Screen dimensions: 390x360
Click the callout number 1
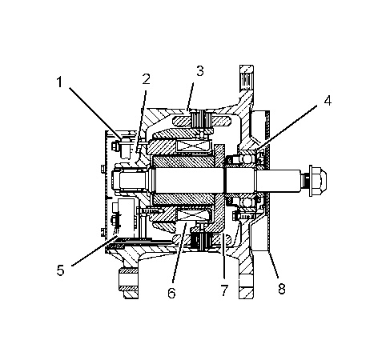[59, 82]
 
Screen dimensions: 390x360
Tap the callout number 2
[146, 79]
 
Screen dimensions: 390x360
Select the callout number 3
[200, 71]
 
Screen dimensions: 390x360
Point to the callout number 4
[328, 101]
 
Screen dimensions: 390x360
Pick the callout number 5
[61, 270]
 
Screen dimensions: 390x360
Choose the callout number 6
[171, 293]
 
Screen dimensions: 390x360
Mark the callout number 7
[224, 290]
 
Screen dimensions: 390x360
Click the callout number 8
[282, 288]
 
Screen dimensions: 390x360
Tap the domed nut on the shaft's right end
[318, 181]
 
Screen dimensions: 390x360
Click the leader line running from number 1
[95, 112]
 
